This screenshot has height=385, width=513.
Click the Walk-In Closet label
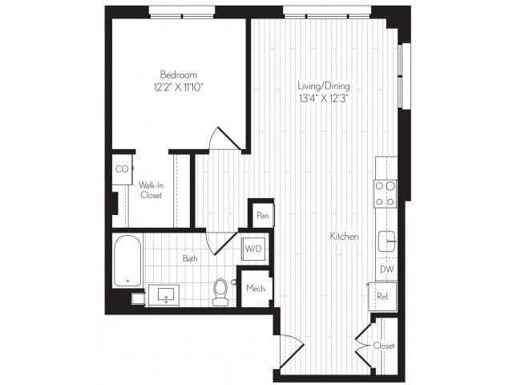[x=151, y=189]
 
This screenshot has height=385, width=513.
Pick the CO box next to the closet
[x=122, y=169]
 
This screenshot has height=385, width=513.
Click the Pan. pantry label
[x=261, y=215]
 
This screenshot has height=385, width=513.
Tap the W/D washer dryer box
[x=252, y=247]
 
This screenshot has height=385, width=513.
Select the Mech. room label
[x=256, y=288]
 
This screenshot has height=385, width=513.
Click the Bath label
[x=189, y=258]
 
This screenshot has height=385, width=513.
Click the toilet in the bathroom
[x=220, y=292]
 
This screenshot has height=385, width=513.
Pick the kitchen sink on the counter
[x=386, y=241]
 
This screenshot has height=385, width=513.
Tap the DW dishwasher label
[x=386, y=270]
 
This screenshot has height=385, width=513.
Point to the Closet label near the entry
[x=384, y=346]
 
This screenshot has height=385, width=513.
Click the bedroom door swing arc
[x=224, y=138]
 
